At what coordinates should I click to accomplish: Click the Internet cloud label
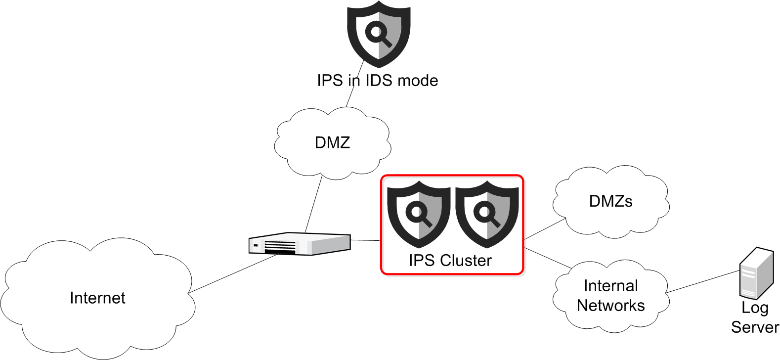tap(97, 298)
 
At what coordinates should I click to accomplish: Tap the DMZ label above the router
tap(332, 143)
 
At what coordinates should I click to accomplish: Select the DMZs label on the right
tap(610, 201)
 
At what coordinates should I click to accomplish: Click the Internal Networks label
tap(610, 296)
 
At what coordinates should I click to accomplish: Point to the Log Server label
tap(755, 317)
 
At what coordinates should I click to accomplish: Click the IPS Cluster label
tap(450, 261)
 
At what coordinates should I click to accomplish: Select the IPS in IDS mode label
tap(377, 81)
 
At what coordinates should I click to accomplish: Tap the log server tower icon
tap(756, 273)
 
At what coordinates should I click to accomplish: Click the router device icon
tap(300, 244)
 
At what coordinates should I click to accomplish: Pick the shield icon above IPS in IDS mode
tap(379, 34)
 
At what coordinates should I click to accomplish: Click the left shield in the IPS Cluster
tap(419, 214)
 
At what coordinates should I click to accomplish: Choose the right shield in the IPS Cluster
tap(487, 214)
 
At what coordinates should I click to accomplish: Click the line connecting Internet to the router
tap(232, 274)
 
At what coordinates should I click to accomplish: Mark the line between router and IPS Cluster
tap(365, 240)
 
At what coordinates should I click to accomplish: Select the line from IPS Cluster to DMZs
tap(544, 229)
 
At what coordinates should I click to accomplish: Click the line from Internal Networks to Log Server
tap(702, 281)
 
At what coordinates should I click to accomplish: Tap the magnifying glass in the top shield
tap(378, 34)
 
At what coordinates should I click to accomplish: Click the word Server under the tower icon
tap(755, 327)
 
